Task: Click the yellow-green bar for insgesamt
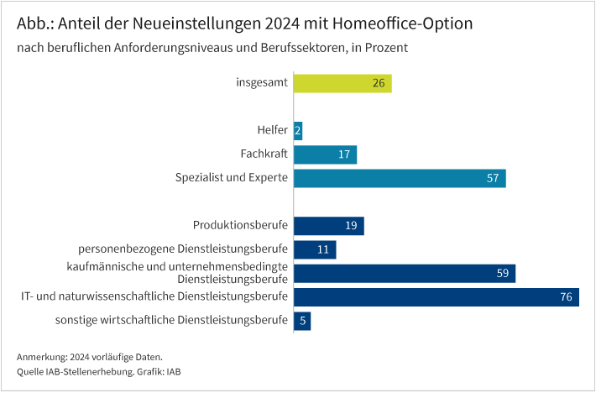tap(342, 83)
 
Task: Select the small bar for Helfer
tap(298, 130)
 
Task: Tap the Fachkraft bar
tap(325, 155)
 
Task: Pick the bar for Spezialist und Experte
tap(400, 178)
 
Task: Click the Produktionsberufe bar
tap(328, 226)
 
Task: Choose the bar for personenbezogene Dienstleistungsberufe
tap(315, 249)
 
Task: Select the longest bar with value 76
tap(436, 297)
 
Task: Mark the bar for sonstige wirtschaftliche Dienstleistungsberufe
tap(302, 321)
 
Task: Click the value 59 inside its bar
tap(504, 274)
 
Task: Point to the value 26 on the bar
tap(379, 83)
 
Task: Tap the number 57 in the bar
tap(493, 178)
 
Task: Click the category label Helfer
tap(273, 130)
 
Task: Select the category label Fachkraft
tap(264, 154)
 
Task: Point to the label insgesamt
tap(262, 82)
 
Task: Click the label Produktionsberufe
tap(241, 225)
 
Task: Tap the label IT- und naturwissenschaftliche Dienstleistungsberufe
tap(155, 296)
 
